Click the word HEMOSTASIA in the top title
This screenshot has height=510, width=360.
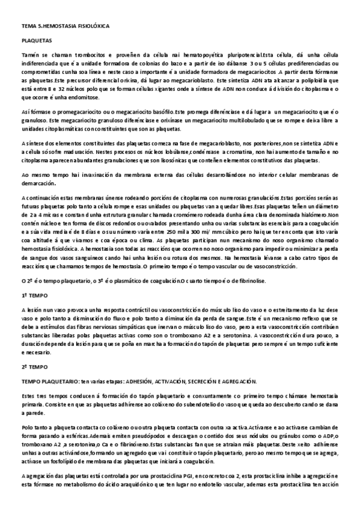pos(56,27)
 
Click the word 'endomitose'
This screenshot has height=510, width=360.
pos(91,96)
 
